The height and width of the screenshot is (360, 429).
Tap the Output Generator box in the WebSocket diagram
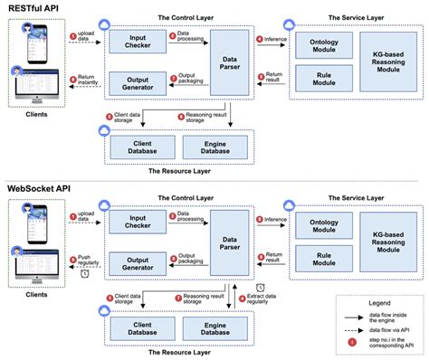click(134, 262)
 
